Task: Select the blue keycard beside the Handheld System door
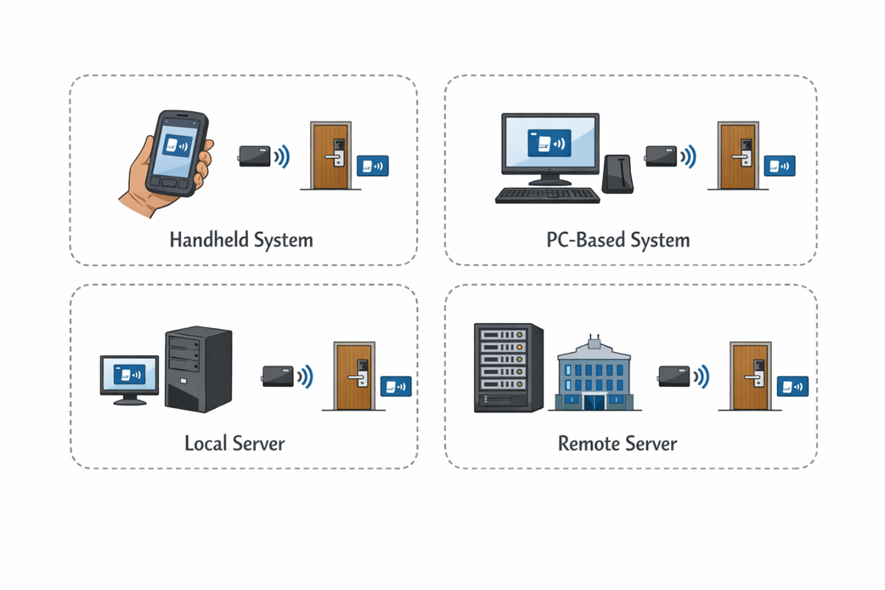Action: [x=373, y=166]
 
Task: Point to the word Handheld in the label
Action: [x=209, y=240]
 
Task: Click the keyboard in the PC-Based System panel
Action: [x=548, y=195]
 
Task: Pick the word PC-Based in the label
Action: [x=585, y=240]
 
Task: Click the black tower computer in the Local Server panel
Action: [x=198, y=369]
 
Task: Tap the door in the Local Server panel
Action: [x=353, y=377]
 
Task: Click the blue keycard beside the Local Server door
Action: [x=396, y=386]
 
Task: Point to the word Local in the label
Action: [x=206, y=443]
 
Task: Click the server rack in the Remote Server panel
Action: [x=508, y=367]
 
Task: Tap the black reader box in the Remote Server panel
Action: [x=674, y=376]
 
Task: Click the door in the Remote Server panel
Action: [x=750, y=377]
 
